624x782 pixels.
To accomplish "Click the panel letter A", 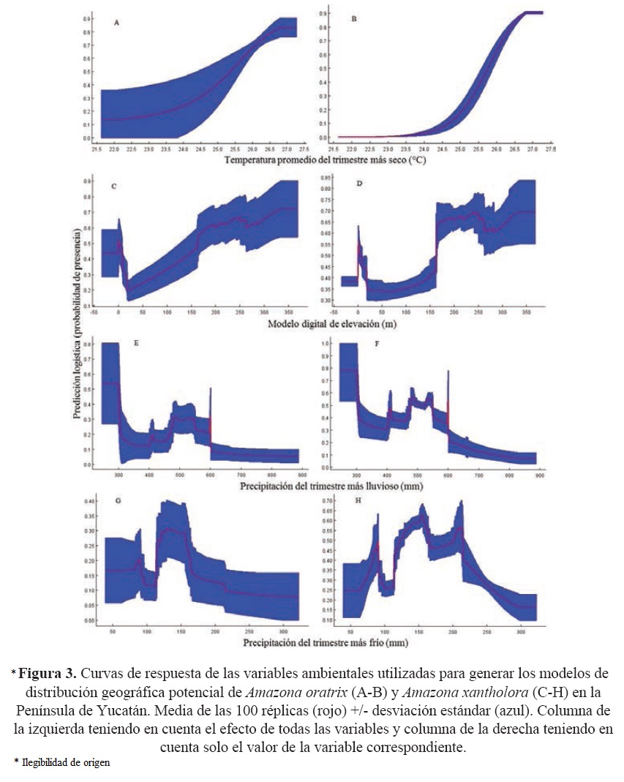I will point(116,23).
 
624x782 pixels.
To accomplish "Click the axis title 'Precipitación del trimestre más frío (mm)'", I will point(316,642).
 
